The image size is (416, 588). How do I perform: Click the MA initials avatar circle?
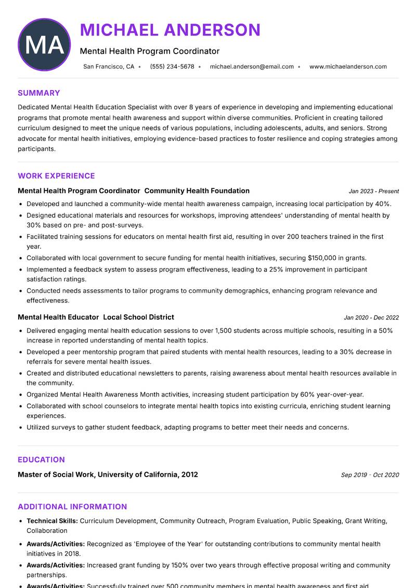[x=44, y=45]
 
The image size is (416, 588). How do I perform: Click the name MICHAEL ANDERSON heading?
[x=170, y=30]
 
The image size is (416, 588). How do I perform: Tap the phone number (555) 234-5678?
[x=172, y=67]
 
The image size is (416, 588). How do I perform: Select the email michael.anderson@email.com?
[x=252, y=67]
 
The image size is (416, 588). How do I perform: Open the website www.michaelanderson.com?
[x=348, y=67]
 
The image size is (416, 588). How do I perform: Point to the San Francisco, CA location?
[x=109, y=67]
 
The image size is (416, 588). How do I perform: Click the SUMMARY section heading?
[x=39, y=93]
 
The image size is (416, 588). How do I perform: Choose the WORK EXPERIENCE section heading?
[x=56, y=176]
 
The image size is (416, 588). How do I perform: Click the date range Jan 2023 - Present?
[x=373, y=191]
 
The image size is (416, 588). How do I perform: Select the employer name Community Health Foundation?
[x=200, y=191]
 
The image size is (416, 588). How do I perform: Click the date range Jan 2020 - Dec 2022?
[x=371, y=317]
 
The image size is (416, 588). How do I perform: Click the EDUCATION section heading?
[x=41, y=459]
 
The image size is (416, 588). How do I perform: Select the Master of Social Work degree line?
[x=108, y=475]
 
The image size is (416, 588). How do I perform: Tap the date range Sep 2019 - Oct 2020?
[x=370, y=475]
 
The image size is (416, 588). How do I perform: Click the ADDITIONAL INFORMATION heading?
[x=72, y=506]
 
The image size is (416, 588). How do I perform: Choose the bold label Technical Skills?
[x=52, y=521]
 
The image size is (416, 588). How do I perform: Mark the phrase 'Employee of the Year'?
[x=167, y=544]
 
